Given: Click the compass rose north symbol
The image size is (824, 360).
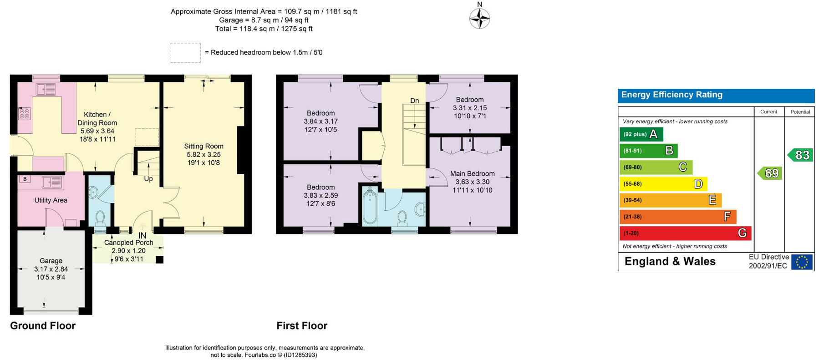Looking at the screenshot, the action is [479, 18].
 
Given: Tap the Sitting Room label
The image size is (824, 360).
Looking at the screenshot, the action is [203, 146].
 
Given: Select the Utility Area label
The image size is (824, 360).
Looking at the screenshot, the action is [51, 200].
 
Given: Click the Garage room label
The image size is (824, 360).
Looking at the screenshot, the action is [51, 261].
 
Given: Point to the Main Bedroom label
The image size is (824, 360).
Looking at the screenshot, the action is [472, 174].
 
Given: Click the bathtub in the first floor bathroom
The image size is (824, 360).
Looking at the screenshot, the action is [370, 207].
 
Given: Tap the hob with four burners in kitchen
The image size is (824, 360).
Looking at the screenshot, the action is [25, 113].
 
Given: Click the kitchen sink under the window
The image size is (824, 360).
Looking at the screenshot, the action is [46, 89].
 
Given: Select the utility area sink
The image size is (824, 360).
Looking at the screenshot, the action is [52, 183].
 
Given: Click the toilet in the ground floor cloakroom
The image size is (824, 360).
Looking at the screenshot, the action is [100, 217].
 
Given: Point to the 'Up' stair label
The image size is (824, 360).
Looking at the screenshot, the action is [148, 179].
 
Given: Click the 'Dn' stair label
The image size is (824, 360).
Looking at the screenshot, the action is [414, 101].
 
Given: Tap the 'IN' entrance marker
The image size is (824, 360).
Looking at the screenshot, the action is [142, 236].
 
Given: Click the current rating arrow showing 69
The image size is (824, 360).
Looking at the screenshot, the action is [770, 173].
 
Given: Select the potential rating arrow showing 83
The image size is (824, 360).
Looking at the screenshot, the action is [800, 155].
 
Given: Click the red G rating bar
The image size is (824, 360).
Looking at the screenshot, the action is [685, 233].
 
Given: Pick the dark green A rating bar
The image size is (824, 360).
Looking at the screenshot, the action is [641, 134].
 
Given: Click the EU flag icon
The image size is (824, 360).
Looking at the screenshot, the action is [802, 262].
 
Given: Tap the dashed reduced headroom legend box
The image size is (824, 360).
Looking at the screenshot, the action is [186, 53].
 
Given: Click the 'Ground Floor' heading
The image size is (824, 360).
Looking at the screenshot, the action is [43, 326].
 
